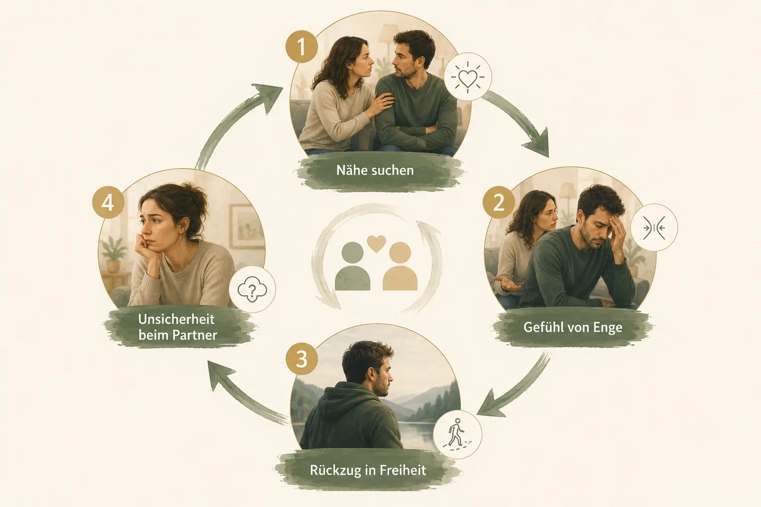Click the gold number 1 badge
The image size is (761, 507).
pos(302,47)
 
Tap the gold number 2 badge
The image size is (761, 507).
pos(498,203)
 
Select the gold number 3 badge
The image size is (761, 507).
pos(302,359)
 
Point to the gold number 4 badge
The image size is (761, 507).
pos(108,203)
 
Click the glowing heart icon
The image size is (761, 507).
pos(468,77)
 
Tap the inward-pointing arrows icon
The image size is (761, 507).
pos(654,228)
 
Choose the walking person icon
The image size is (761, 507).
pos(457,434)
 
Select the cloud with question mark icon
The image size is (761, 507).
pos(252,289)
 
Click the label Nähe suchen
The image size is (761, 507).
pos(375,170)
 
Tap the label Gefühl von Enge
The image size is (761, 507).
pos(573,327)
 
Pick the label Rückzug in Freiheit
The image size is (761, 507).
pos(368,470)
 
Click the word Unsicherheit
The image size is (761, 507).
pos(176,319)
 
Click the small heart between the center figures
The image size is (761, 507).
pos(377,244)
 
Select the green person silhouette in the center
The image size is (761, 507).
pos(352,266)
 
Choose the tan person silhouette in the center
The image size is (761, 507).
pos(400,266)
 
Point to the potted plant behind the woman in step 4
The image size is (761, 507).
pos(114,253)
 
